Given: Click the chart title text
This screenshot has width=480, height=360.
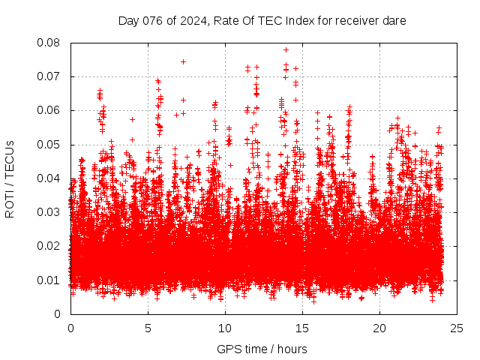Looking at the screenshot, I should (x=262, y=21).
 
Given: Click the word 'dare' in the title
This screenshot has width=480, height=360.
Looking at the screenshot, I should (x=394, y=21).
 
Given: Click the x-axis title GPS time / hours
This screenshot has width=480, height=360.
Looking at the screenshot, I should (x=262, y=349).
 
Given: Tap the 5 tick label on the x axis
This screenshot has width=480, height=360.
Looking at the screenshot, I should (x=148, y=328).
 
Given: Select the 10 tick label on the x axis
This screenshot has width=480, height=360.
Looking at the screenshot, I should (x=225, y=328).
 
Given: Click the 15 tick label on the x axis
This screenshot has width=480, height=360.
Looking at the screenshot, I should (x=302, y=328).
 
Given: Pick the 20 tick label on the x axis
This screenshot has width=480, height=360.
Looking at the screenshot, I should (x=379, y=328).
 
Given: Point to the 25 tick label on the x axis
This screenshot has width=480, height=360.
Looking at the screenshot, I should (x=457, y=328).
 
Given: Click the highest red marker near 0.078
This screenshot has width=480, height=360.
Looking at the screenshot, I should (x=286, y=49).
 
